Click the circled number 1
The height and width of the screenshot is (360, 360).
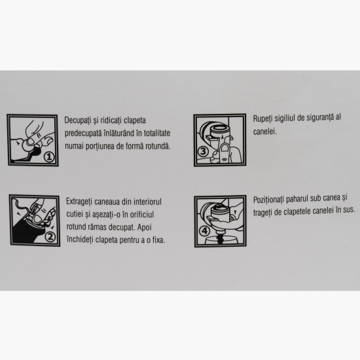pyautogui.click(x=49, y=157)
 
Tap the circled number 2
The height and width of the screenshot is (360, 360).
pyautogui.click(x=50, y=237)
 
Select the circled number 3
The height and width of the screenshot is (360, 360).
pyautogui.click(x=203, y=151)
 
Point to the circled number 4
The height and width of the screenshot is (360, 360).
pyautogui.click(x=204, y=231)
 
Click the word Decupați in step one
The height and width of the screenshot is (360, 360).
pyautogui.click(x=77, y=120)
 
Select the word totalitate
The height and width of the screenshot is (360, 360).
pyautogui.click(x=157, y=133)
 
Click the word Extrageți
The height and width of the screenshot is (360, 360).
pyautogui.click(x=79, y=202)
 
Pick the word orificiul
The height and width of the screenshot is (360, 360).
pyautogui.click(x=142, y=215)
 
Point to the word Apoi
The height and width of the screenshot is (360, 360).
pyautogui.click(x=145, y=228)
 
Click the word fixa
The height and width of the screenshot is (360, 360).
pyautogui.click(x=158, y=240)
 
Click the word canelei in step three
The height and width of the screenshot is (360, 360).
pyautogui.click(x=264, y=132)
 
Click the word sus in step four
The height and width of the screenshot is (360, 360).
pyautogui.click(x=349, y=209)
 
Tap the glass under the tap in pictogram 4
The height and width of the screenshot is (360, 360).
pyautogui.click(x=221, y=241)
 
